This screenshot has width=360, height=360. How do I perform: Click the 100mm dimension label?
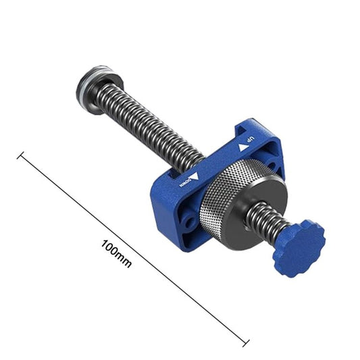(x=117, y=251)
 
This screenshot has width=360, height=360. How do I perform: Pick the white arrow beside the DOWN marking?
(x=195, y=176)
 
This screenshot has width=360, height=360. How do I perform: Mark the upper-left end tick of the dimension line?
(x=21, y=157)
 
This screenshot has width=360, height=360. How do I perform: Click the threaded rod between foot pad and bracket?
(x=149, y=128)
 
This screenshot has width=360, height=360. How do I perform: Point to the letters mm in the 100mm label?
(x=124, y=259)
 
